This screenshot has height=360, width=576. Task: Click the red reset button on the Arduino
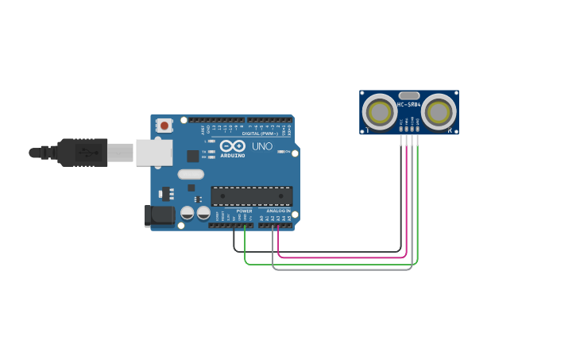tap(164, 126)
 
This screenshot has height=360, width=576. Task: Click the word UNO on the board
tap(262, 146)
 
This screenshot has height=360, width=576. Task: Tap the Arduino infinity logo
tap(232, 146)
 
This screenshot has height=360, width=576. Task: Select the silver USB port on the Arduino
tap(153, 152)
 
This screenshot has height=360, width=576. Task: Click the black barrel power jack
tap(160, 215)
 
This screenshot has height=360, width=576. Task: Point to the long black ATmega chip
tap(251, 195)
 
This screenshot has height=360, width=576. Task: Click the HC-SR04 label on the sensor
tap(408, 105)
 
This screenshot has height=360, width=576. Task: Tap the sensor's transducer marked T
tap(379, 112)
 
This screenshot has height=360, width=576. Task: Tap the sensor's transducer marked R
tap(438, 112)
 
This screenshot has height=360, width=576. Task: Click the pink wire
tap(342, 257)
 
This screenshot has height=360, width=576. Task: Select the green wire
tap(334, 264)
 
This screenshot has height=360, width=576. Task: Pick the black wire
tap(318, 252)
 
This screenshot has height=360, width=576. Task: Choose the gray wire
tap(342, 269)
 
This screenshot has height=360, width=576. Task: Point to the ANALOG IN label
tap(278, 211)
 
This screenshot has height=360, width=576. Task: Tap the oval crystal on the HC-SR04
tap(408, 95)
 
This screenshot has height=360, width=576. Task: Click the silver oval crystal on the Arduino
tap(191, 174)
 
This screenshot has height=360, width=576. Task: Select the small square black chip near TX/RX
tap(193, 156)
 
